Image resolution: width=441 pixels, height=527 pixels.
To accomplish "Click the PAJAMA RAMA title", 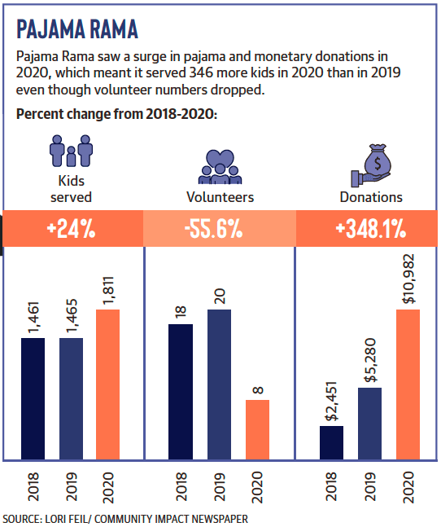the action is [77, 29].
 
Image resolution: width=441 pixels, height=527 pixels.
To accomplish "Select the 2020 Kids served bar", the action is [107, 384].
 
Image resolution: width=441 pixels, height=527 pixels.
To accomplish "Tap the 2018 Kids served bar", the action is [33, 398].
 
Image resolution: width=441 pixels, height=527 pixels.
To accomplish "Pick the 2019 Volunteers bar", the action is [219, 384].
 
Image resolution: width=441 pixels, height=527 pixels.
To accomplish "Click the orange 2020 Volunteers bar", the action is [257, 429].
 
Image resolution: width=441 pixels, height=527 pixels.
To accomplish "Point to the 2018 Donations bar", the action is [331, 442].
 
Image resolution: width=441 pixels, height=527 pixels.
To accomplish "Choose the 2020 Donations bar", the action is [408, 384].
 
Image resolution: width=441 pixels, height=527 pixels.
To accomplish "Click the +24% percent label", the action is [71, 229].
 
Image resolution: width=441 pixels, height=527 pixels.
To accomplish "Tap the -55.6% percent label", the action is [213, 229].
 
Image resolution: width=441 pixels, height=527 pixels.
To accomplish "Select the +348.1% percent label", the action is [370, 229].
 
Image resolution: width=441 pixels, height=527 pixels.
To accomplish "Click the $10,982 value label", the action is [408, 279].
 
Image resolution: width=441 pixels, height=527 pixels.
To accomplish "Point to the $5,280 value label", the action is [370, 360].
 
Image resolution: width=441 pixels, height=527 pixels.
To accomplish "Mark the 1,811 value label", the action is [108, 291].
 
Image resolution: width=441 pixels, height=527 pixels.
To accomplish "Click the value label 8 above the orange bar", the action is [258, 390].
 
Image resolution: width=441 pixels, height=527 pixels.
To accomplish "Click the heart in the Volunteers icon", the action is [220, 158].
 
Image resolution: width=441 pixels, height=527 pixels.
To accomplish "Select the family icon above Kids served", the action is [71, 151].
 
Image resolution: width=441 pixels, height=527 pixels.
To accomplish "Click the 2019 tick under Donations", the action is [370, 486].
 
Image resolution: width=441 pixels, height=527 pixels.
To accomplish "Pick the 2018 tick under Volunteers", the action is [181, 486].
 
